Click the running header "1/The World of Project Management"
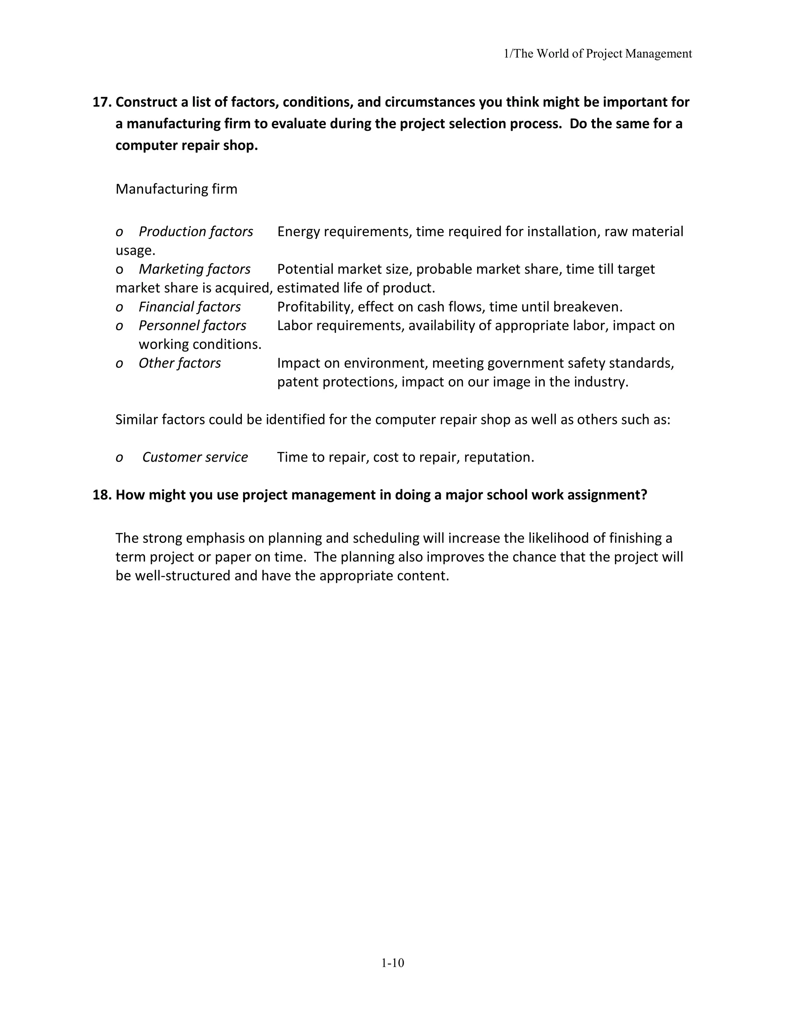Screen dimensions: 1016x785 click(598, 54)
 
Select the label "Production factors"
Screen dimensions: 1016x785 click(196, 232)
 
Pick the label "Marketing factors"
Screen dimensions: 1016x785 click(194, 270)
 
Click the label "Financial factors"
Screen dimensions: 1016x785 click(190, 307)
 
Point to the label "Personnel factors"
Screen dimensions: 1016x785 click(192, 326)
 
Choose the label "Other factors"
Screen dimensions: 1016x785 click(179, 363)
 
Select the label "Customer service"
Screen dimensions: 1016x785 click(195, 457)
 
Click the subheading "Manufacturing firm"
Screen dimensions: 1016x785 click(176, 189)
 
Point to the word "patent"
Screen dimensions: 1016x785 click(297, 382)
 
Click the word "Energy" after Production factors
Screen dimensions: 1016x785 click(298, 232)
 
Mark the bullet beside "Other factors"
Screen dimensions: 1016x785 click(120, 364)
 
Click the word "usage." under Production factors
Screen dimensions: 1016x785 click(135, 251)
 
